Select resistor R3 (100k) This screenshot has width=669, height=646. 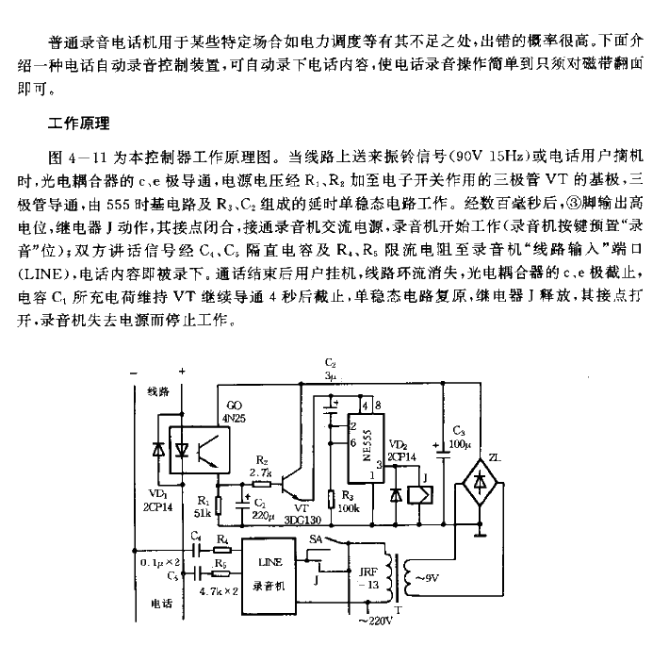tap(331, 501)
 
